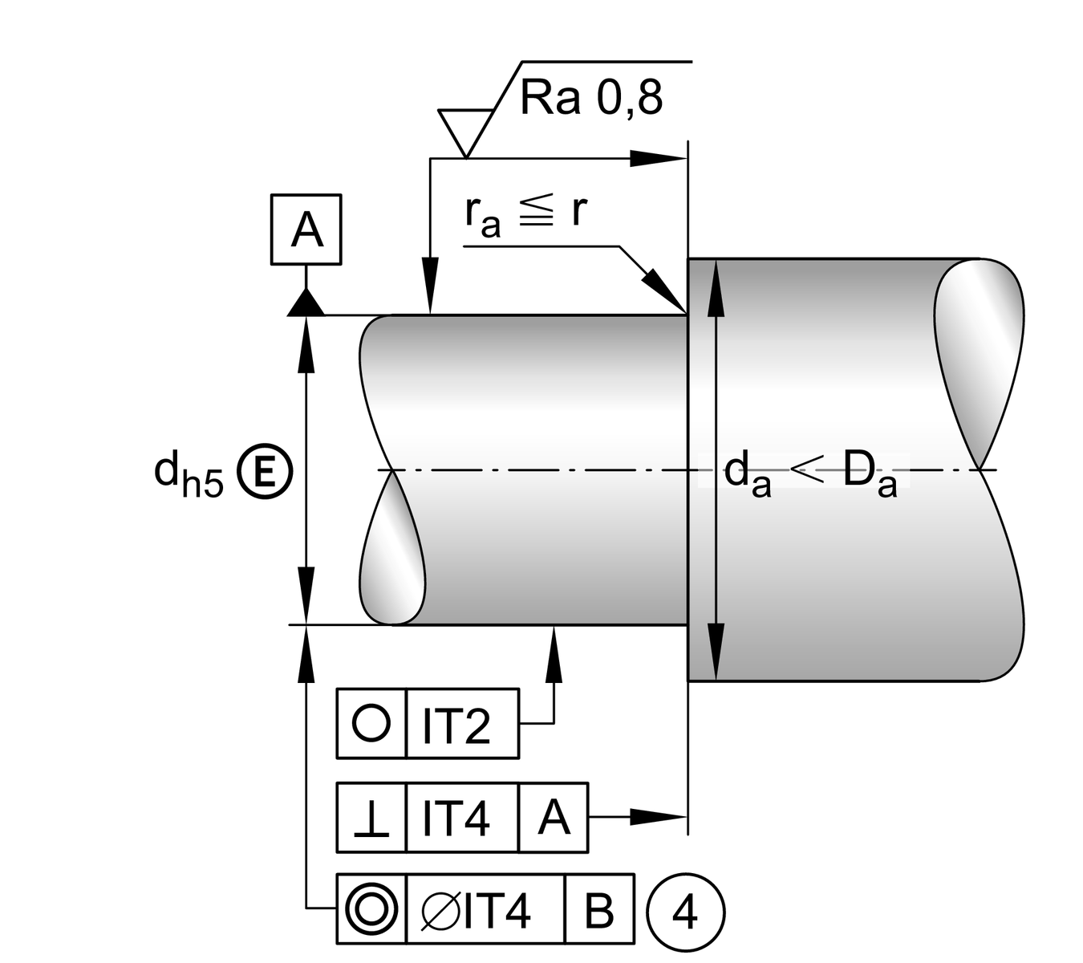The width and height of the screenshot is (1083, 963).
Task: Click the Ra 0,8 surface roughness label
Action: (591, 99)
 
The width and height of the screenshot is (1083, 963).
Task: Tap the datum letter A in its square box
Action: (306, 230)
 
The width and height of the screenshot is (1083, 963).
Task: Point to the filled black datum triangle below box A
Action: (306, 303)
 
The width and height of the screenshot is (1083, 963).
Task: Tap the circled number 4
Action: (684, 912)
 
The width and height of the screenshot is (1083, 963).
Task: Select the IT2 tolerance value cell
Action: (461, 724)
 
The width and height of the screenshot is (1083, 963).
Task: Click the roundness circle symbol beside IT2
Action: (371, 723)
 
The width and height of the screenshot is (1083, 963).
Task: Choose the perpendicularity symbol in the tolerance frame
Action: (371, 819)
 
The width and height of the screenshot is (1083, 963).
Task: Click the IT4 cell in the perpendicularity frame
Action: (461, 818)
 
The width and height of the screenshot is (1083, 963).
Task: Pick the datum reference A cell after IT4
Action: (554, 818)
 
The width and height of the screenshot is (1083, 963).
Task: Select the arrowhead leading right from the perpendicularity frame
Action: (658, 817)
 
